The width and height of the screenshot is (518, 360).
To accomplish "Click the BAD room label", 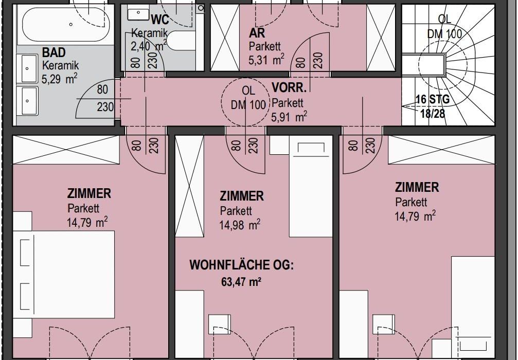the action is (x=54, y=52).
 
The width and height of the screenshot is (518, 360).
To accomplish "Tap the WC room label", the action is (x=160, y=20).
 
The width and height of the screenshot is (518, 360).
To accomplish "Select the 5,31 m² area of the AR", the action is (x=266, y=60).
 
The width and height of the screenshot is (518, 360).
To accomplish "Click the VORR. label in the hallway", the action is (x=289, y=87).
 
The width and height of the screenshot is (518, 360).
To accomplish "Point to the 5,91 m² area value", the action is (x=289, y=117).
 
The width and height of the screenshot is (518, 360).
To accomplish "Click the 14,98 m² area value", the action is (x=240, y=225).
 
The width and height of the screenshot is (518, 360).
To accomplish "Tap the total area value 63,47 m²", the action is (x=241, y=282).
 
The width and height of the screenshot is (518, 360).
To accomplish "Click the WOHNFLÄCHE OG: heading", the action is (x=241, y=265).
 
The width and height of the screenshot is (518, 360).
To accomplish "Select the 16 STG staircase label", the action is (x=433, y=99).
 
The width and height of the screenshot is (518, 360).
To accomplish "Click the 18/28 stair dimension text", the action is (x=433, y=114).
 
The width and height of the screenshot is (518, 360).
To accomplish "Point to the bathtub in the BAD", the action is (x=66, y=24).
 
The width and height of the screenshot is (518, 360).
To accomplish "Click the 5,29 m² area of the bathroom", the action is (x=60, y=79).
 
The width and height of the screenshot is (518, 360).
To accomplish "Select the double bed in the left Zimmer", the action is (x=67, y=275).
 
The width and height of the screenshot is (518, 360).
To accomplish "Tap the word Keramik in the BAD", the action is (x=61, y=65).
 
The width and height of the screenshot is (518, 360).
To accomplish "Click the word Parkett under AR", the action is (x=264, y=46).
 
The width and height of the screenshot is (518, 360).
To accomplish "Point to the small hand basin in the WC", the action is (x=138, y=13).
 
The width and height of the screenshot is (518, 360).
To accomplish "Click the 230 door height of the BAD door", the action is (x=105, y=107).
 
